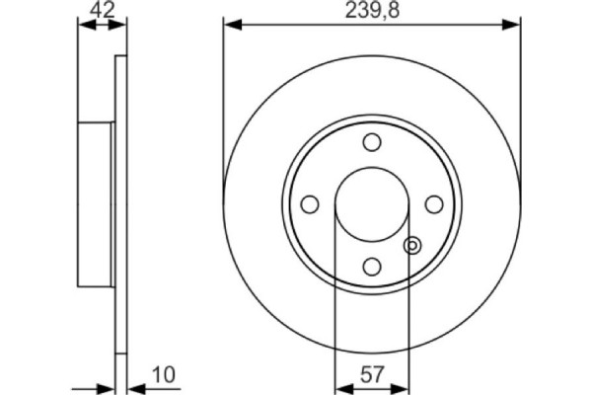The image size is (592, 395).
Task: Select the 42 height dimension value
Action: [102, 12]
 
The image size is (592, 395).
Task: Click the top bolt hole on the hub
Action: [371, 142]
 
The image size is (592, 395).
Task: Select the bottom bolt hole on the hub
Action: [371, 265]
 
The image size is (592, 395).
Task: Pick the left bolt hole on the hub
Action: [310, 203]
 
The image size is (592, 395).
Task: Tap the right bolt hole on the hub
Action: [432, 203]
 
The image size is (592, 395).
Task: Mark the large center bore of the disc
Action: [371, 203]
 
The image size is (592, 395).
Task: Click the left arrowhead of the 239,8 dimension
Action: [231, 22]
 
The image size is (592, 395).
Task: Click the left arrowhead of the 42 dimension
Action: [83, 27]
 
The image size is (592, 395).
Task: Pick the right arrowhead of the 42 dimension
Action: [122, 27]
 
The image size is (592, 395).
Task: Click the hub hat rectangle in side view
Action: [97, 203]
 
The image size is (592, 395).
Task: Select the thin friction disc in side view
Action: [121, 203]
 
